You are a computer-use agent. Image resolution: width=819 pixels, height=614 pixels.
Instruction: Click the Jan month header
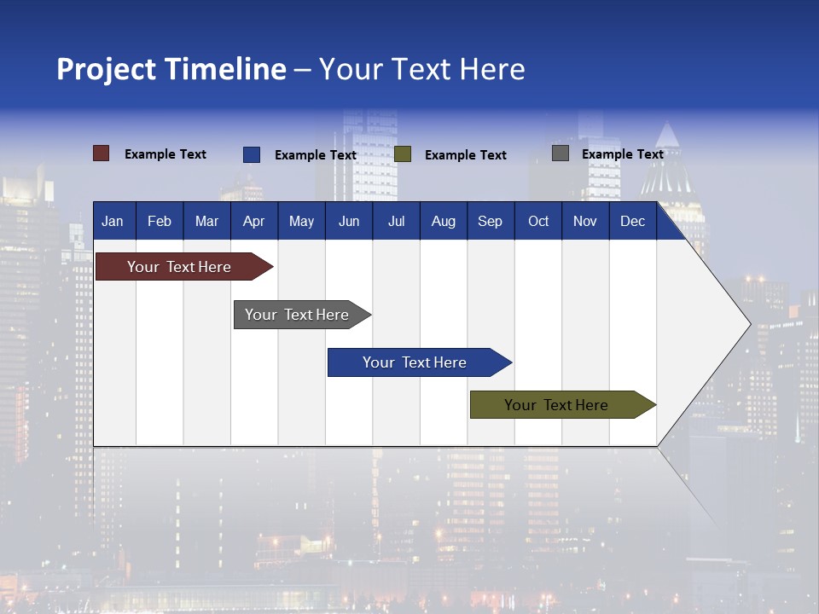click(x=113, y=222)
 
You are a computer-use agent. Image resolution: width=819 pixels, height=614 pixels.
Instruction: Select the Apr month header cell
click(x=254, y=222)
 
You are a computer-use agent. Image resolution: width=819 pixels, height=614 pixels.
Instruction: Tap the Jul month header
click(x=396, y=222)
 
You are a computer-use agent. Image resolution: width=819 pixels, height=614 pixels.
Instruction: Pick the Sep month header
click(x=491, y=222)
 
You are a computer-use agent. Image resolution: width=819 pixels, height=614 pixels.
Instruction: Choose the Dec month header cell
click(x=632, y=222)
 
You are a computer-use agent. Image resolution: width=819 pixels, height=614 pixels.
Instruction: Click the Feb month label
click(x=160, y=222)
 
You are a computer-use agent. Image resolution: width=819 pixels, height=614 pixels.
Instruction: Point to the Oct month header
click(x=538, y=222)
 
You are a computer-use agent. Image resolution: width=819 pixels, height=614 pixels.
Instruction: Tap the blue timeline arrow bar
click(x=415, y=362)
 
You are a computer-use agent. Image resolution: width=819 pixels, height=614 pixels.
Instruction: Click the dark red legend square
click(x=102, y=153)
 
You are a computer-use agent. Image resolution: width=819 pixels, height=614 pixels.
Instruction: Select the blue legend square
click(x=252, y=154)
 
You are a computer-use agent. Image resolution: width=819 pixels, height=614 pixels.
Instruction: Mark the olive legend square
click(x=403, y=154)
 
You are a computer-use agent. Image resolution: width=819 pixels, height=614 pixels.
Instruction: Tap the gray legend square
click(x=561, y=153)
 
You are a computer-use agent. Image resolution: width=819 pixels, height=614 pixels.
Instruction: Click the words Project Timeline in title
click(x=171, y=69)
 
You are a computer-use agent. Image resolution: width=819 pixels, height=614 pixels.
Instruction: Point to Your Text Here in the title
click(x=422, y=69)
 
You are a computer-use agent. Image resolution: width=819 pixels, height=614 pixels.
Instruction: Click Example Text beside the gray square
click(x=622, y=154)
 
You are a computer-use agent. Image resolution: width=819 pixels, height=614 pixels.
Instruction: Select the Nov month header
click(x=585, y=222)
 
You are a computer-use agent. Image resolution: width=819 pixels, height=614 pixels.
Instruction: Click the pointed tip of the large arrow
click(x=748, y=323)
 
